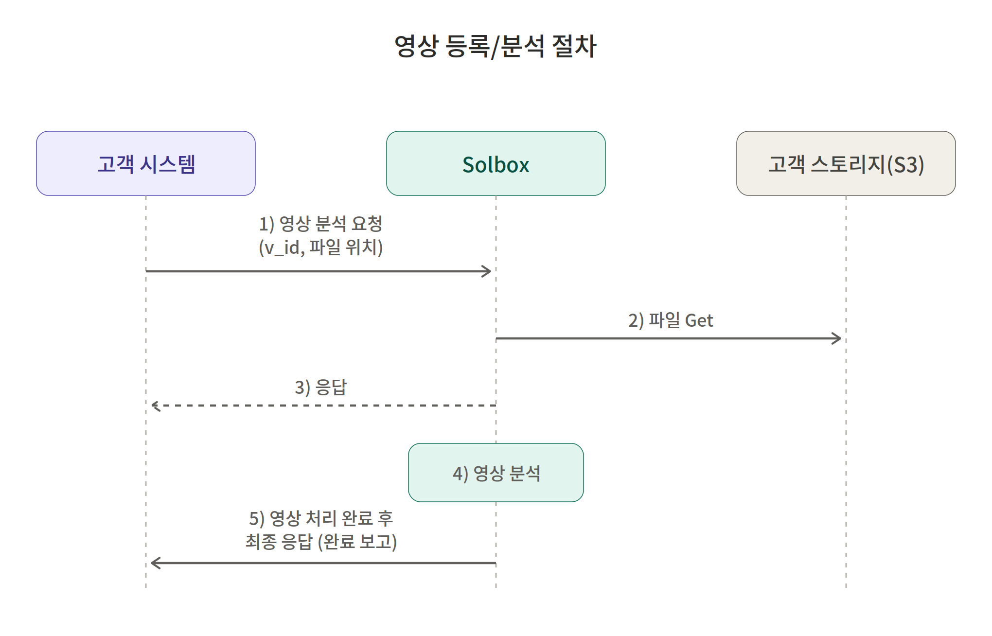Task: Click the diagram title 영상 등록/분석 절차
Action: (x=496, y=47)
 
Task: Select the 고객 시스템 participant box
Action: (x=146, y=163)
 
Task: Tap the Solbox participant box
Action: (x=496, y=163)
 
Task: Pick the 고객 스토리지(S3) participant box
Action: (x=846, y=163)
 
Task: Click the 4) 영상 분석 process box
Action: (x=496, y=473)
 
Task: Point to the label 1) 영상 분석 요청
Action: (x=321, y=224)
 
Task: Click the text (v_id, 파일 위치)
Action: (x=321, y=247)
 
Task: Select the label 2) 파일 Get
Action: (x=671, y=320)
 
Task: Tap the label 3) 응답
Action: (x=321, y=388)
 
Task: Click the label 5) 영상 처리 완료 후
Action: (x=321, y=518)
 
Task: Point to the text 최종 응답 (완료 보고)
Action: (x=321, y=542)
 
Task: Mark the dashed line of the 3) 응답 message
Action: (x=323, y=405)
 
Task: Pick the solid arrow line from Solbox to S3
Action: (x=669, y=338)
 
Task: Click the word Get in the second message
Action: (x=699, y=321)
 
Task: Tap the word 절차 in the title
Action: (x=574, y=47)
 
